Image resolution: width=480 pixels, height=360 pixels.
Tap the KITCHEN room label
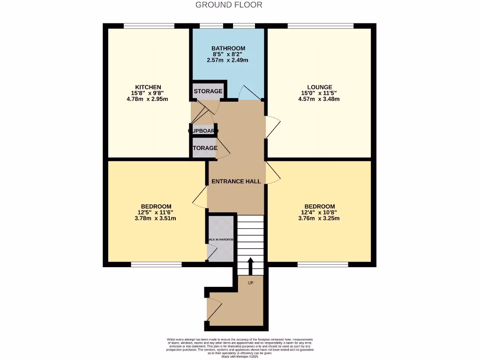[148, 87]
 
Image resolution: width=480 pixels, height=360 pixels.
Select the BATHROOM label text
[228, 48]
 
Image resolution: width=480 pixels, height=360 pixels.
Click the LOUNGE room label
[320, 87]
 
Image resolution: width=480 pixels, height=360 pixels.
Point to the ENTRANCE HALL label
[236, 181]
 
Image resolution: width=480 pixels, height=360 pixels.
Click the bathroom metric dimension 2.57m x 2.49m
[228, 60]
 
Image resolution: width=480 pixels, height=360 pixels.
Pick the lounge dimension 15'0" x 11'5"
[320, 93]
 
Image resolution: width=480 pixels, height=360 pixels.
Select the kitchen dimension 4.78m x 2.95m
[148, 99]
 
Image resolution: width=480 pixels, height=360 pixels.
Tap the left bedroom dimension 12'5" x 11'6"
[156, 212]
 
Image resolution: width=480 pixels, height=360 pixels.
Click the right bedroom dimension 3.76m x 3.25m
[320, 218]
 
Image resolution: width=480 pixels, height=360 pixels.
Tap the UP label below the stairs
[250, 283]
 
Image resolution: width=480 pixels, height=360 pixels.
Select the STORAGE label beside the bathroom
[208, 91]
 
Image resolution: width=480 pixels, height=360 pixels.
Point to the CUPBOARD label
[204, 131]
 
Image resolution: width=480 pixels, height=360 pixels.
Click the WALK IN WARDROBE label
[220, 240]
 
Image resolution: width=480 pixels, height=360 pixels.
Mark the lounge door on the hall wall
[272, 127]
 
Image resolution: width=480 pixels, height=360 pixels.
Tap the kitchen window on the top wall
[149, 26]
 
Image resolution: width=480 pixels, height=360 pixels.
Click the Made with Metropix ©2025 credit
[240, 356]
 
